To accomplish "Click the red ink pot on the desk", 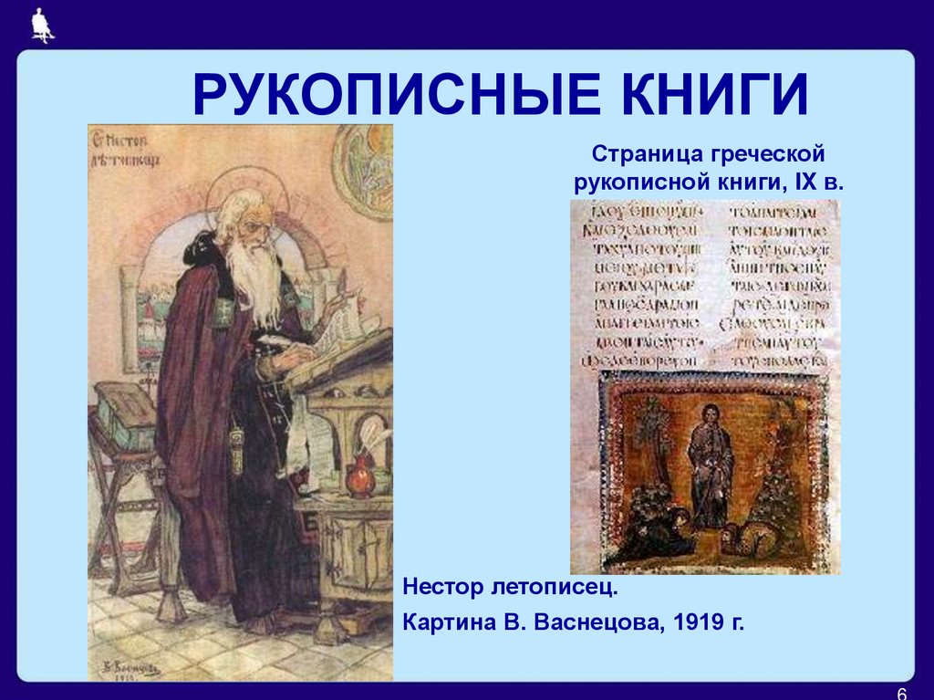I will [x=359, y=477].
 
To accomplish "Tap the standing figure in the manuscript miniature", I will [x=709, y=461].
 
